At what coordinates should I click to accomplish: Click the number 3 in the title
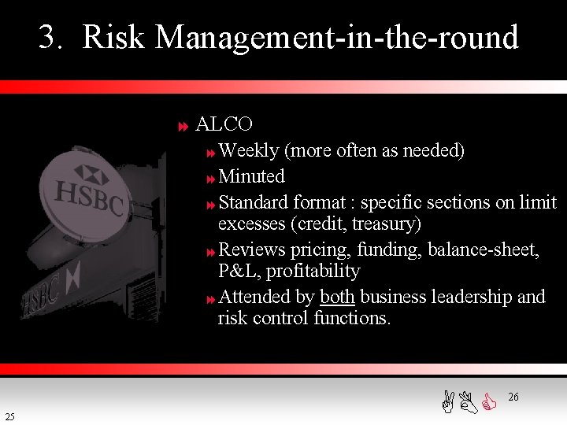click(x=49, y=37)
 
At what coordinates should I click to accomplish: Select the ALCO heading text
click(x=224, y=124)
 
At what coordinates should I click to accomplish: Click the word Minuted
click(x=251, y=176)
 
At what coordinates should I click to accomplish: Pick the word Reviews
click(x=251, y=249)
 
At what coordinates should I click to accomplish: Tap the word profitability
click(x=313, y=272)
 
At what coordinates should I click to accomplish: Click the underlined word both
click(x=337, y=297)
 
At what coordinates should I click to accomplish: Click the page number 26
click(x=513, y=397)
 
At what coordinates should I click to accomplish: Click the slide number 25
click(x=9, y=416)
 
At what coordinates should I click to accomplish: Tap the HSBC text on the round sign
click(x=89, y=196)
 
